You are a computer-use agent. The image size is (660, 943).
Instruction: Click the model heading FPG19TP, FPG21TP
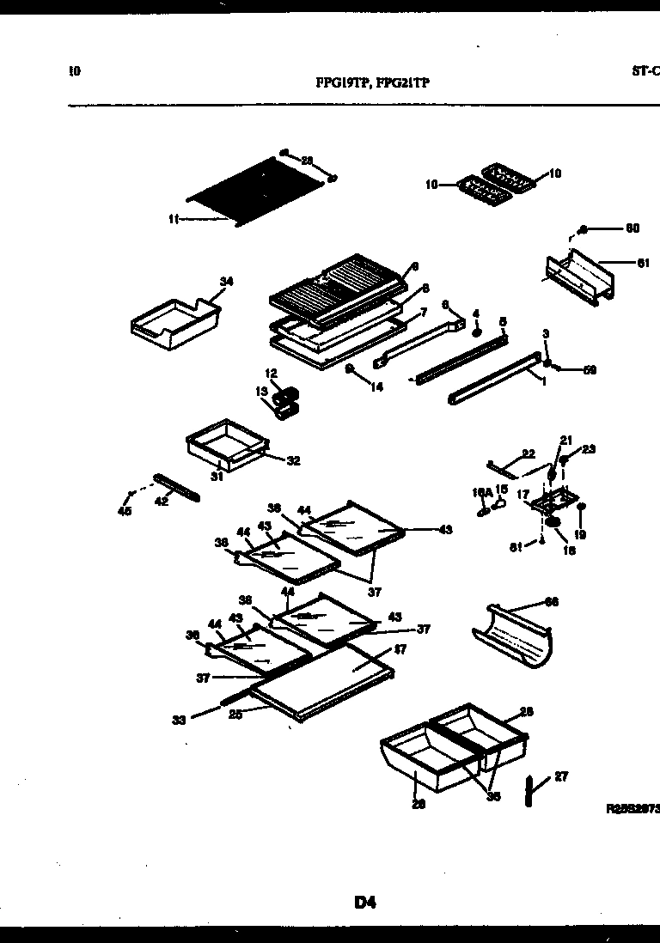[x=373, y=83]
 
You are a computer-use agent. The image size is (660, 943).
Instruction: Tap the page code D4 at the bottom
[x=364, y=902]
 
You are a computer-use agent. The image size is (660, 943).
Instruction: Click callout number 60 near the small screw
[x=632, y=228]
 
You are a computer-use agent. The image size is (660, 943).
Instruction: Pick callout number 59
[x=590, y=370]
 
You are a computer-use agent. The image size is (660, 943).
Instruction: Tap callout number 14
[x=376, y=387]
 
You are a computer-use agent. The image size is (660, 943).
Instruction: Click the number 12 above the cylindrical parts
[x=271, y=373]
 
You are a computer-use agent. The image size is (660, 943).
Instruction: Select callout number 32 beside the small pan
[x=293, y=460]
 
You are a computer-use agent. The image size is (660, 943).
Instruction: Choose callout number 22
[x=529, y=453]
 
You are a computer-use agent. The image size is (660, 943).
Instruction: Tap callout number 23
[x=589, y=448]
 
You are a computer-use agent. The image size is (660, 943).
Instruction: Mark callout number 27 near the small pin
[x=561, y=776]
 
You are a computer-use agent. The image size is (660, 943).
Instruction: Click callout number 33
[x=179, y=720]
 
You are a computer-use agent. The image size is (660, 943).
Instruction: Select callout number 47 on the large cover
[x=400, y=650]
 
